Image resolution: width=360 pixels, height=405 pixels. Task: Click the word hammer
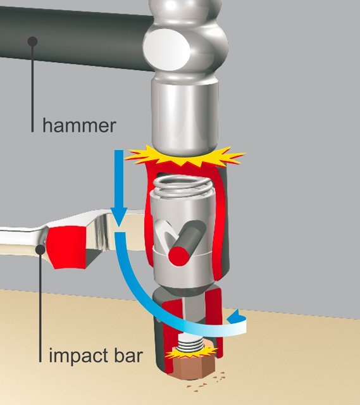(x=79, y=125)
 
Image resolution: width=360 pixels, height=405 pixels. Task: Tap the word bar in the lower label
(x=128, y=355)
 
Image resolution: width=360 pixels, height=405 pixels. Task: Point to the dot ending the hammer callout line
(x=32, y=42)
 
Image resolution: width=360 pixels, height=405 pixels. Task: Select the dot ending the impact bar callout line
(x=40, y=249)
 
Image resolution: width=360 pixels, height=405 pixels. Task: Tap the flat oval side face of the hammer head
(x=167, y=49)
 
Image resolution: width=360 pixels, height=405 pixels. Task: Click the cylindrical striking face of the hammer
(x=185, y=116)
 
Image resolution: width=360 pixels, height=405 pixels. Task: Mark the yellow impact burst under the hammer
(x=185, y=156)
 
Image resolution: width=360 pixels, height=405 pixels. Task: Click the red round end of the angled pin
(x=178, y=256)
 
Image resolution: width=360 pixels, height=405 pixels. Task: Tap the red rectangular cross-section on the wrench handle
(x=68, y=247)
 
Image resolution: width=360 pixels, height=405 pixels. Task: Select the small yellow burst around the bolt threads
(x=191, y=352)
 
